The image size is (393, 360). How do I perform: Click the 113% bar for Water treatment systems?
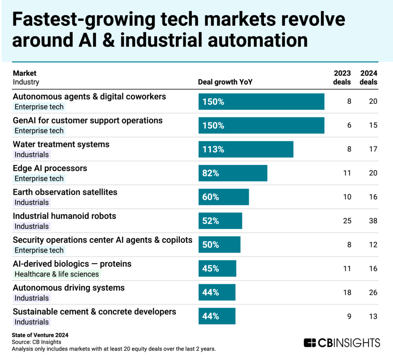(246, 149)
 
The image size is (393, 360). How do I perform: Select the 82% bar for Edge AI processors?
(233, 173)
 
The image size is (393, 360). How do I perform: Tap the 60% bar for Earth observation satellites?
(223, 197)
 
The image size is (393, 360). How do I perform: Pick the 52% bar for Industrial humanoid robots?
(220, 221)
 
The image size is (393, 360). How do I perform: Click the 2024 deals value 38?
(373, 221)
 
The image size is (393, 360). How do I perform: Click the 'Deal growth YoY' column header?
(226, 82)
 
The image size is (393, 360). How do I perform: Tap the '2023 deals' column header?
(343, 78)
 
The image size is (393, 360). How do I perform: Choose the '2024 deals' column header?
(369, 78)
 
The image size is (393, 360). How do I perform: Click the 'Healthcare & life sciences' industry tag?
(56, 274)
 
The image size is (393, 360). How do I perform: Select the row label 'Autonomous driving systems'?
(68, 288)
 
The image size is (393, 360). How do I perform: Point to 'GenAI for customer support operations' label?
(88, 120)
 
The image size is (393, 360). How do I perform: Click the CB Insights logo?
(342, 343)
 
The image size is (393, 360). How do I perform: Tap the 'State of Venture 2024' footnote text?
(40, 335)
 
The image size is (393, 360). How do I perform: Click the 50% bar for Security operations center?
(219, 245)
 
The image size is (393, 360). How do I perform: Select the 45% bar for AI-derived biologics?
(217, 269)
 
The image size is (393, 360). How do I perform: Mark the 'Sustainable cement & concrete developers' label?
(94, 311)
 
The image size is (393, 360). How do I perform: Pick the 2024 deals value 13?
(373, 317)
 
